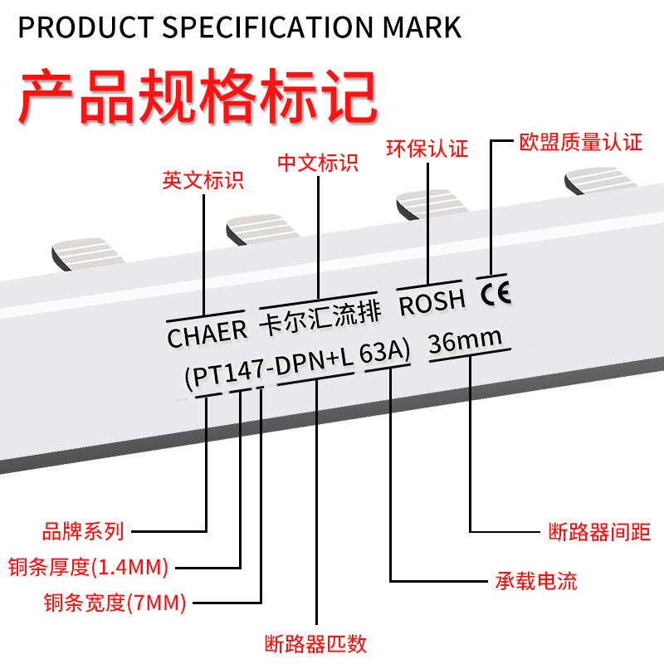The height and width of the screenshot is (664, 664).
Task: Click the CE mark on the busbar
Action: [495, 291]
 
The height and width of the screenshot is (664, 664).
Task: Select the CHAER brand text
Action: [207, 334]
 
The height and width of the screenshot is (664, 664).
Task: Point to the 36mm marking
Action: [465, 340]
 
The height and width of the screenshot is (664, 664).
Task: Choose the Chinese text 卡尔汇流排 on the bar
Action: [320, 315]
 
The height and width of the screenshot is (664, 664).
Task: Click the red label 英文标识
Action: [203, 180]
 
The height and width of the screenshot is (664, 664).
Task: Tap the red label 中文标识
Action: [318, 162]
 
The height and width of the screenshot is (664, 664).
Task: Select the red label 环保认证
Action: [427, 149]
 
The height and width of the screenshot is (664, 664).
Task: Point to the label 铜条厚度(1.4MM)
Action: [88, 568]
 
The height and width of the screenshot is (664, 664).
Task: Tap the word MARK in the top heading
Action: [422, 27]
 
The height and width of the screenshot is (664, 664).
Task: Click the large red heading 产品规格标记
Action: [198, 98]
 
